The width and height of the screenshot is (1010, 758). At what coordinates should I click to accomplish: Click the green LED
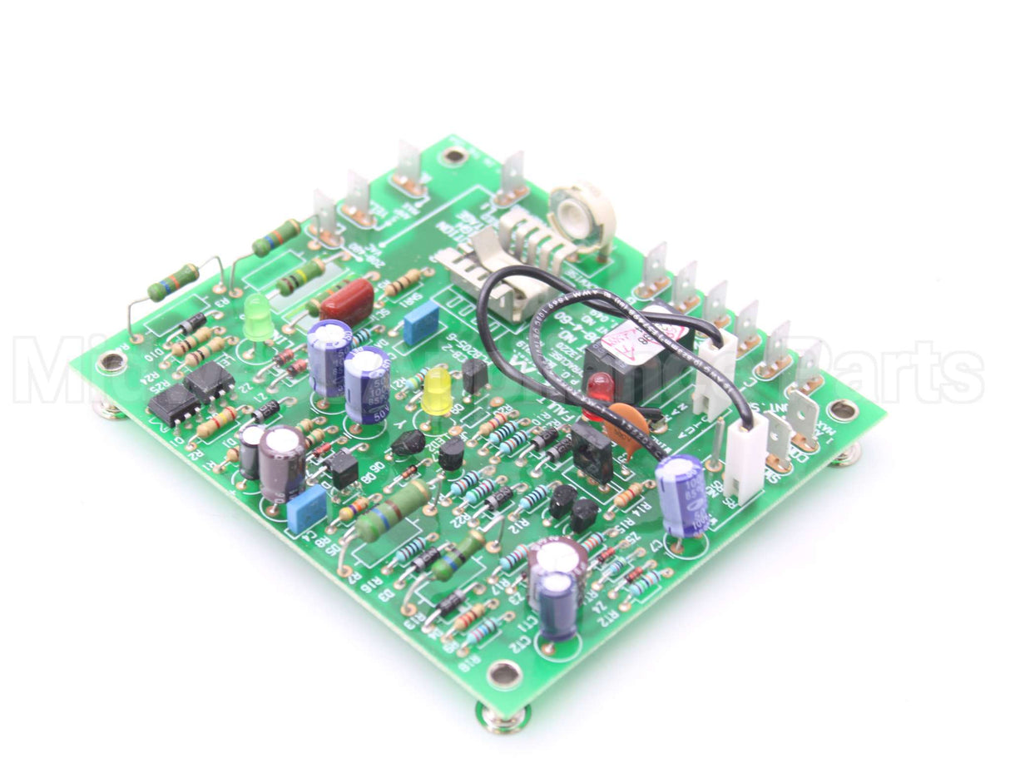258,317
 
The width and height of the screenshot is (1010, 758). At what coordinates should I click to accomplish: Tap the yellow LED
436,391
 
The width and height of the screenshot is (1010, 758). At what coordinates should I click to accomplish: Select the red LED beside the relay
599,387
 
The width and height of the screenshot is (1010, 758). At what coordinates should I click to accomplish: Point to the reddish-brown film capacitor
347,301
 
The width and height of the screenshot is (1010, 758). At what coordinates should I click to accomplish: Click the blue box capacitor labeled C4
305,508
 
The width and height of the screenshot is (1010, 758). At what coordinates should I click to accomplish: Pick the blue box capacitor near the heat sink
421,323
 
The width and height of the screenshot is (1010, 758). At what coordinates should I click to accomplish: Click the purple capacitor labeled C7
681,494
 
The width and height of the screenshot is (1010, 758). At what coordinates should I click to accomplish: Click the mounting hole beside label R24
111,363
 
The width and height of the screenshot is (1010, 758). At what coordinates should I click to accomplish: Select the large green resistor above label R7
393,511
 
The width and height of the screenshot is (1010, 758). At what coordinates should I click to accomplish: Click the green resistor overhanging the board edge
173,282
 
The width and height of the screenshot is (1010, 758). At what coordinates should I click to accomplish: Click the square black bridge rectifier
593,451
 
